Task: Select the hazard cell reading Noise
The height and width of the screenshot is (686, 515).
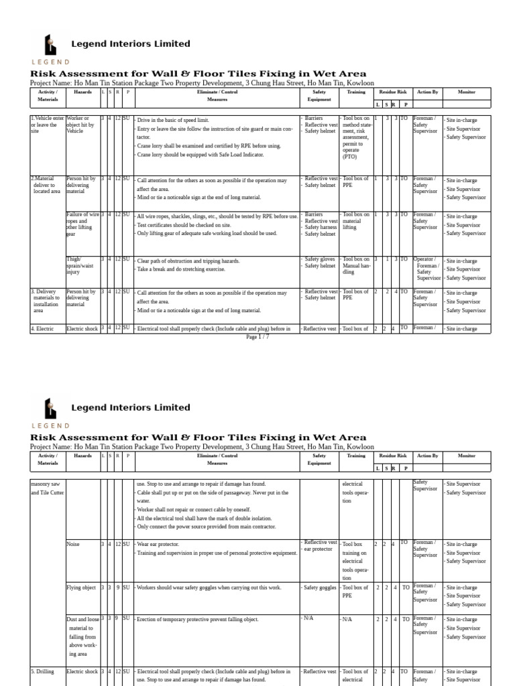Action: pyautogui.click(x=72, y=544)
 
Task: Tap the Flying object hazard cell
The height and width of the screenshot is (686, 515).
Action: pyautogui.click(x=80, y=588)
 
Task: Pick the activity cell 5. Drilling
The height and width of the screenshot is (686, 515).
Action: pyautogui.click(x=45, y=671)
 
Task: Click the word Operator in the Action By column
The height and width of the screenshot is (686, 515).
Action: pyautogui.click(x=424, y=259)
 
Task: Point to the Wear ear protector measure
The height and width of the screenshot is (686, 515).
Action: pyautogui.click(x=165, y=544)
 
